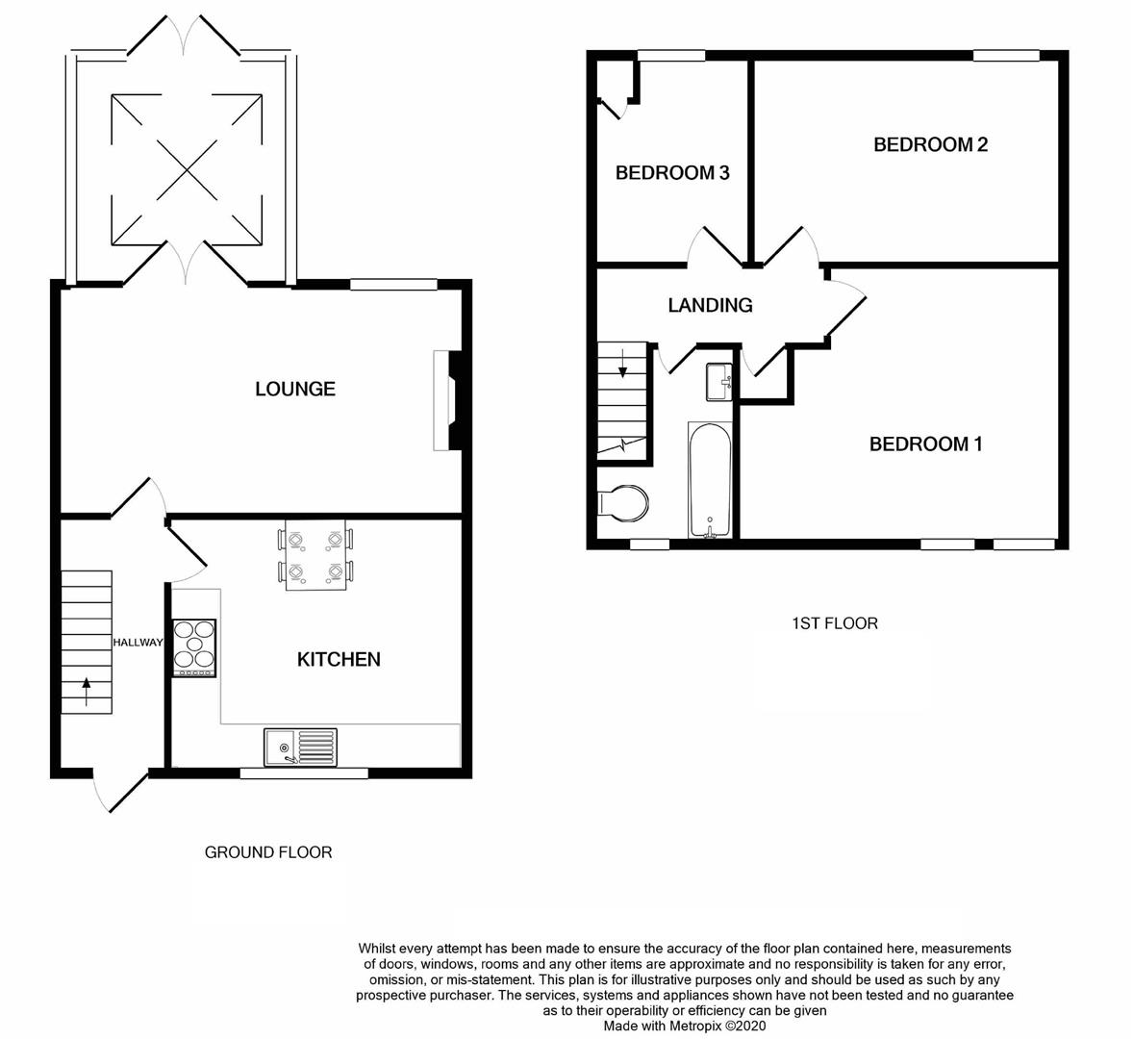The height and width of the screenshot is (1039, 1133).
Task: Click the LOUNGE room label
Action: tap(295, 389)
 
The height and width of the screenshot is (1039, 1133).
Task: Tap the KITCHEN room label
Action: tap(339, 659)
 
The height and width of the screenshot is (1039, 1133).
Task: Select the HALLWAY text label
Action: tap(138, 643)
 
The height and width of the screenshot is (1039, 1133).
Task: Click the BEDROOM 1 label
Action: tap(925, 443)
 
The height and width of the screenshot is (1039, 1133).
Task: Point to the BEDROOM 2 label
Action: tap(930, 144)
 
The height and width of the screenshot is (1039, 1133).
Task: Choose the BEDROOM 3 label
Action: tap(672, 173)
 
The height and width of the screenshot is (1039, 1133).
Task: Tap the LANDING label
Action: tap(710, 305)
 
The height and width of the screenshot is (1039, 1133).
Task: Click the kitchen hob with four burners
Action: tap(194, 648)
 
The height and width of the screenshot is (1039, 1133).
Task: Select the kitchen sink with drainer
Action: tap(301, 748)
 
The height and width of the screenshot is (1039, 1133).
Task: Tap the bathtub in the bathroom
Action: tap(711, 479)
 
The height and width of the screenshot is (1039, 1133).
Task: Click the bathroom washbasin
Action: tap(719, 381)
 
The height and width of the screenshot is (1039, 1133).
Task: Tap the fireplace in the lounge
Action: tap(446, 400)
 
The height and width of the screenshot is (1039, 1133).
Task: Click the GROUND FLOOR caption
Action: tap(268, 852)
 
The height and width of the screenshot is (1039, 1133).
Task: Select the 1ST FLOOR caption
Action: tap(834, 623)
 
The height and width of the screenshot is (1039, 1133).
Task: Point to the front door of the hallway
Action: tap(120, 791)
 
